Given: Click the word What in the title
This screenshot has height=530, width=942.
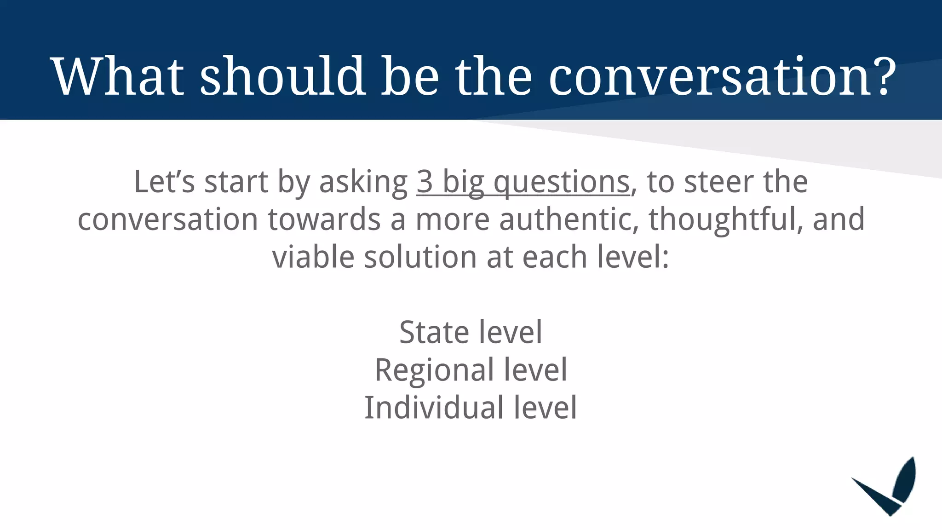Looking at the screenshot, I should [x=119, y=76].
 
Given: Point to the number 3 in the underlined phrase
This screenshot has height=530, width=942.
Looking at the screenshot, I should [x=425, y=182].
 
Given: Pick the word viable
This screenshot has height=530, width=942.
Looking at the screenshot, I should [x=313, y=257].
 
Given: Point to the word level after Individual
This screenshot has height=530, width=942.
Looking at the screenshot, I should [x=545, y=408].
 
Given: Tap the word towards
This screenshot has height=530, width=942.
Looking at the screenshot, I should [x=324, y=219].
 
